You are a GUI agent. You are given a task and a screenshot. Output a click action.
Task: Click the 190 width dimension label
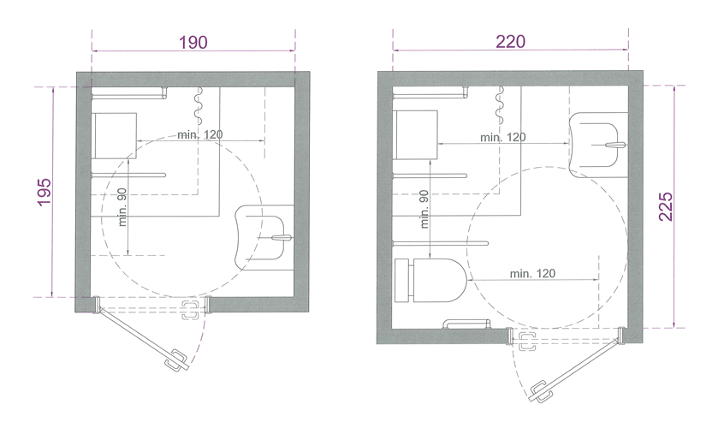[193, 42]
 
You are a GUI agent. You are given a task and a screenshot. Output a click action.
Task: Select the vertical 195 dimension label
[45, 192]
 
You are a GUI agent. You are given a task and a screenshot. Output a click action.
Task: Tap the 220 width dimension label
[511, 42]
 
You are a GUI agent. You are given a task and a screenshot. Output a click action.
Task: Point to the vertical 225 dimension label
[666, 206]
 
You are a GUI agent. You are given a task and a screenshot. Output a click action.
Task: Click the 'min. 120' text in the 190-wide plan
[200, 134]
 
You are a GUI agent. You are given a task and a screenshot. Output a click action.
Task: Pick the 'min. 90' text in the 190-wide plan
[122, 207]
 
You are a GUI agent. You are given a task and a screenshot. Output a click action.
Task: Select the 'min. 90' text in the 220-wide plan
[424, 209]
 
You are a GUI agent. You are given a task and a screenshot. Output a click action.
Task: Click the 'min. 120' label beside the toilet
[532, 274]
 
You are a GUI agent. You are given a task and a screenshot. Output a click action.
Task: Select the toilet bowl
[440, 281]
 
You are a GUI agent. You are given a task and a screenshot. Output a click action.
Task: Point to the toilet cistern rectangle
[401, 281]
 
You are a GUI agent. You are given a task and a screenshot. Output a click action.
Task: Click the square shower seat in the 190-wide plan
[114, 135]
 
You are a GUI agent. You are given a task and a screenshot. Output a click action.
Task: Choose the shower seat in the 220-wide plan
[415, 134]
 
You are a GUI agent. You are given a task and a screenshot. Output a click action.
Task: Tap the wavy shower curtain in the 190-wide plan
[199, 105]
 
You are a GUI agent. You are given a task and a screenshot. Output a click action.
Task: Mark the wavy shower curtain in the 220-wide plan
[500, 105]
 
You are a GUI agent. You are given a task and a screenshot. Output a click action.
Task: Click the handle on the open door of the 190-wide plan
[176, 360]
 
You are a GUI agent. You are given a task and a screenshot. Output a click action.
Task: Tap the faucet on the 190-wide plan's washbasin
[282, 238]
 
